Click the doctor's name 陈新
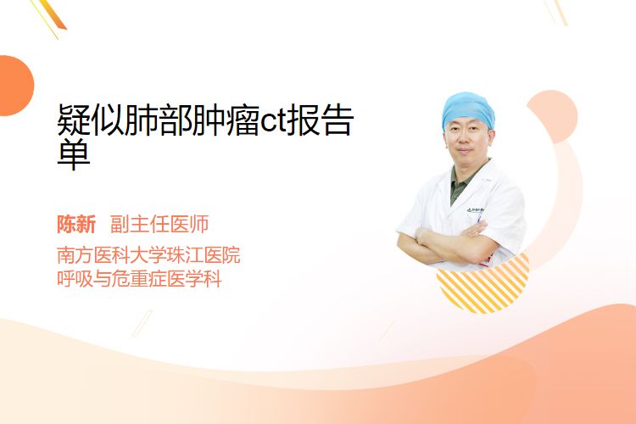tap(76, 225)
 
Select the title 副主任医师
tap(159, 225)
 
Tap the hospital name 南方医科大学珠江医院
tap(148, 255)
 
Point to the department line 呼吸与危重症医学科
tap(139, 279)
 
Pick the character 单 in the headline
tap(74, 154)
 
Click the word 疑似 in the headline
tap(91, 120)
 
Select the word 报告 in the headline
tap(320, 120)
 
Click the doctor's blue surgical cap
tap(467, 109)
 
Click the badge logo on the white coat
tap(475, 210)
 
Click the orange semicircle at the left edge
tap(15, 86)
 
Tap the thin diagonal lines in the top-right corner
tap(556, 12)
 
